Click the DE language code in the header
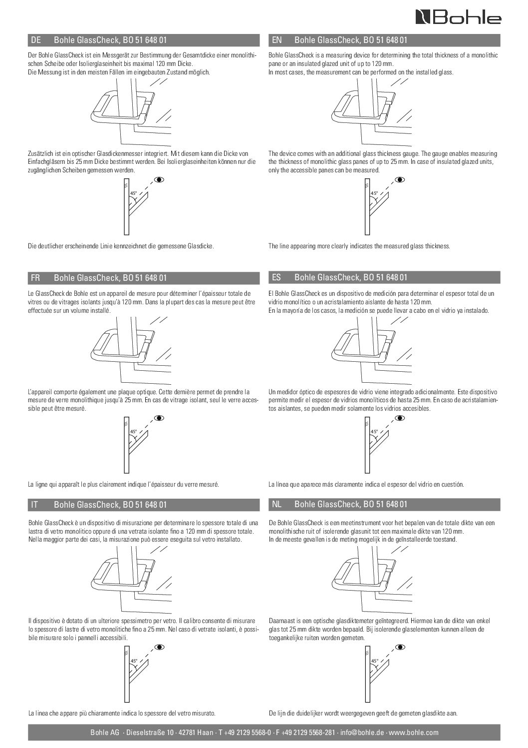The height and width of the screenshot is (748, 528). (35, 40)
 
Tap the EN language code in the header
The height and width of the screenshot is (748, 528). (277, 40)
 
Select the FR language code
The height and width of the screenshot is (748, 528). (35, 277)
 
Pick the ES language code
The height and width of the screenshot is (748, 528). (277, 277)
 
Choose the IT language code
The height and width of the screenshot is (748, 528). (34, 505)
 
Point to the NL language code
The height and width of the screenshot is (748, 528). (277, 505)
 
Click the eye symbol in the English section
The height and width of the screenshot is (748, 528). (399, 179)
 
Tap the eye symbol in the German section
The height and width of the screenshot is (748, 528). (159, 179)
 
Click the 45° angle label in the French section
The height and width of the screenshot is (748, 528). (133, 431)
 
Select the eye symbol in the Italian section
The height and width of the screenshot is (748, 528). (159, 647)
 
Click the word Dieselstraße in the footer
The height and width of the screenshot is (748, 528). (145, 733)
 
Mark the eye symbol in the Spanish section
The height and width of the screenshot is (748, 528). (399, 418)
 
